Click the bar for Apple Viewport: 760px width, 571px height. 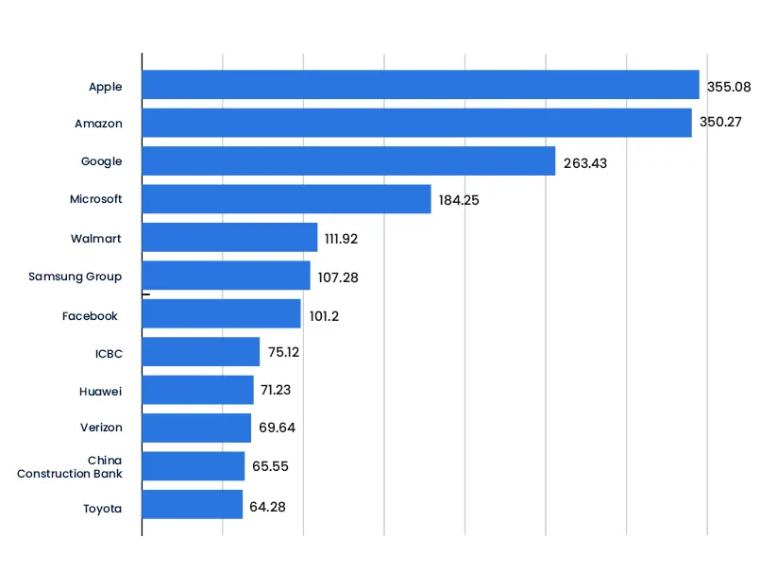point(420,85)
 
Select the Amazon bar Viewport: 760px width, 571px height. point(416,123)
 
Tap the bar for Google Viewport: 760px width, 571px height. point(348,161)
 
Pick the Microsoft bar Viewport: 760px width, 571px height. point(286,199)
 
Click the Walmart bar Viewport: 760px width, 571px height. point(229,238)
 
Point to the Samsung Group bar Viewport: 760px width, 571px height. point(226,276)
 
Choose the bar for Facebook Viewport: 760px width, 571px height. point(221,314)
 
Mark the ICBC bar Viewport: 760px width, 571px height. point(200,352)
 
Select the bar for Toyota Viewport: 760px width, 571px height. point(192,505)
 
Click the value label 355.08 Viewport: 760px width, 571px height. point(729,87)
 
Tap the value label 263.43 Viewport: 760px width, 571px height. point(585,163)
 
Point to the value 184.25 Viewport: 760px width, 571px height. point(460,201)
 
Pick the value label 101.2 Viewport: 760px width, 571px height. point(324,316)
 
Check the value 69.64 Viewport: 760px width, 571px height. point(278,428)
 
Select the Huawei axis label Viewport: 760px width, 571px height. point(101,390)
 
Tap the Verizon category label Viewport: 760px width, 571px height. point(101,428)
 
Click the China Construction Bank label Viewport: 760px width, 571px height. point(70,466)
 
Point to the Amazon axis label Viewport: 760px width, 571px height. point(98,124)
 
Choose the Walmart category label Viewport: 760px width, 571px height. point(95,238)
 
